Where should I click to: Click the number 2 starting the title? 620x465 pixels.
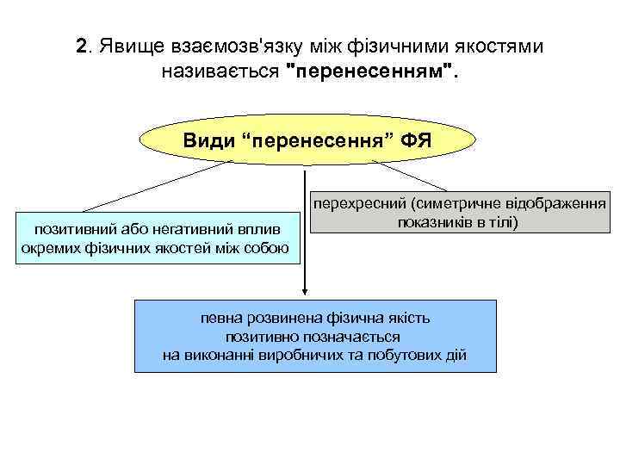point(82,45)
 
